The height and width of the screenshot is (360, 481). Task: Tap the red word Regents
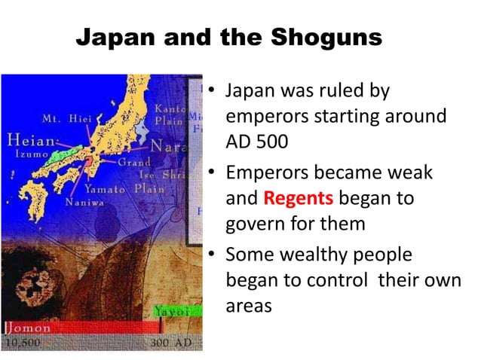299,200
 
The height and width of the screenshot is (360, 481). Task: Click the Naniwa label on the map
85,203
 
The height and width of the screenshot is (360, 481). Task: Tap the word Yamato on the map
105,189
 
